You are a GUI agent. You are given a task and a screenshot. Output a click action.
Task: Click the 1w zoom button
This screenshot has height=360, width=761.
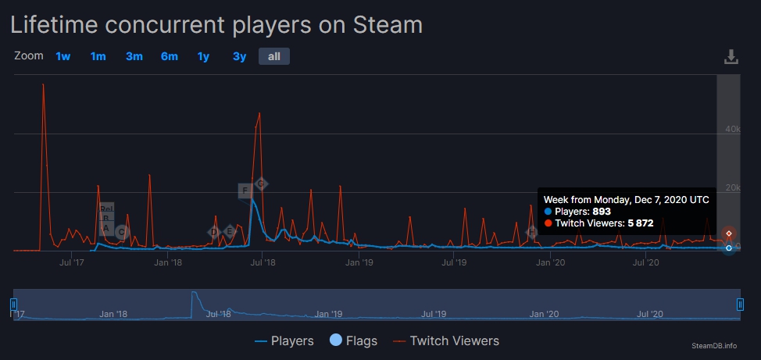coord(63,56)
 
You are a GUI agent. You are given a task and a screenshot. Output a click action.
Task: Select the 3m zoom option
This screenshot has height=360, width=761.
coord(134,56)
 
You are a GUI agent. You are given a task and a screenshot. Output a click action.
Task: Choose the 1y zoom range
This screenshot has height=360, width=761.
coord(203,56)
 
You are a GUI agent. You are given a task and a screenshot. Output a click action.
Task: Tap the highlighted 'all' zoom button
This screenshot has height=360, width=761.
coord(274,56)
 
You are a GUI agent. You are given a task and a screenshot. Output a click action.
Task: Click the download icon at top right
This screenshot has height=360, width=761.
coord(731,57)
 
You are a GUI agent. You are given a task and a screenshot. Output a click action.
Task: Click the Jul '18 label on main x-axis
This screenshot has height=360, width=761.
coord(263,262)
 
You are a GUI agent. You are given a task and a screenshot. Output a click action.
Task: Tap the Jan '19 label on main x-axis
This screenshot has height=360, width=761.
coord(359,262)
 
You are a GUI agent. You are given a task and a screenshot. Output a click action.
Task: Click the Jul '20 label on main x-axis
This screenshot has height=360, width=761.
coord(646,262)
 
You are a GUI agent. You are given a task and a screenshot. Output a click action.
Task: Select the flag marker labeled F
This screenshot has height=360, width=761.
coord(245,191)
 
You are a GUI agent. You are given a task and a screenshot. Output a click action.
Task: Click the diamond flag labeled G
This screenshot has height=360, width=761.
coord(262,184)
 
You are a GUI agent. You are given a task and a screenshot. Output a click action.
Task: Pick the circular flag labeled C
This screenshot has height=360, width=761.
coord(121,232)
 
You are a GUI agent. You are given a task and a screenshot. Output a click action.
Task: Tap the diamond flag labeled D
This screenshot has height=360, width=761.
coord(213,232)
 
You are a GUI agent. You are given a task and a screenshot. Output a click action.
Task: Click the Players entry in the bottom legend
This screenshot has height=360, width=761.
coord(284,340)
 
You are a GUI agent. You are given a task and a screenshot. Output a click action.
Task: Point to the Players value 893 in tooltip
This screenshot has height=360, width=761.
coord(601,212)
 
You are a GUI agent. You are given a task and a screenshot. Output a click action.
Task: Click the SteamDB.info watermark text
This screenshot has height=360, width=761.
coord(713,345)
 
